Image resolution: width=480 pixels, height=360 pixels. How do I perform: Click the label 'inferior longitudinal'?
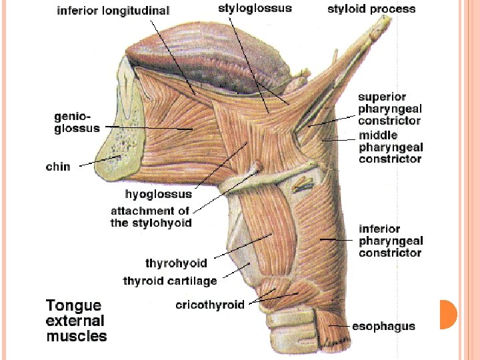113,11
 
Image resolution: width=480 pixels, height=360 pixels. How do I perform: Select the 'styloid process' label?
371,9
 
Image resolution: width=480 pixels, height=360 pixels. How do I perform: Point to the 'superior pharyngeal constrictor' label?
390,109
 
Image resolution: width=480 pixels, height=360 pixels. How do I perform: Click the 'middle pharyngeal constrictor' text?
391,147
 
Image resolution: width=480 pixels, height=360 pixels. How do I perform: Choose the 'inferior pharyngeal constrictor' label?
391,241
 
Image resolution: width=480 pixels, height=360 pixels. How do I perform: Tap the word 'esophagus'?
383,327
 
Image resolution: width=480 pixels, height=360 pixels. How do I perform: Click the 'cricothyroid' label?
210,305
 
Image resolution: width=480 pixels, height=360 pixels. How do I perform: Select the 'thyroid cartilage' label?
170,281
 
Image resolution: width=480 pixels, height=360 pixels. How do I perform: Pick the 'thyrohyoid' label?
176,263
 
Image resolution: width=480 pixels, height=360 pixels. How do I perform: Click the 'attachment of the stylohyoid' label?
151,217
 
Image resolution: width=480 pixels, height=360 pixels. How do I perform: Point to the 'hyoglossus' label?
159,195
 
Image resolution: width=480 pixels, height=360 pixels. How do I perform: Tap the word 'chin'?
57,167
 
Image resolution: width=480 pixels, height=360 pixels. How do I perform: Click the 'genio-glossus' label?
77,123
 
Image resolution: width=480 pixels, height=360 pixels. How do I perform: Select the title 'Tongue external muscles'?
76,321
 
